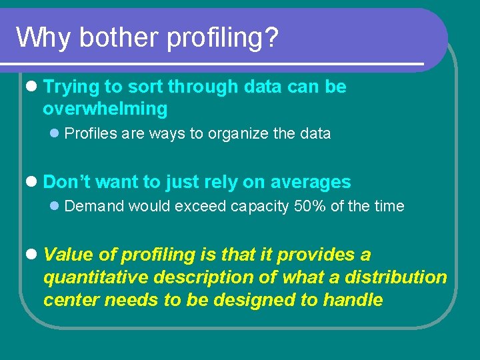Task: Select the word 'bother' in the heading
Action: coord(119,38)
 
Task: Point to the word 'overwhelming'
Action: coord(105,109)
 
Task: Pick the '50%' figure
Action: coord(310,206)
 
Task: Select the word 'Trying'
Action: coord(71,87)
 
